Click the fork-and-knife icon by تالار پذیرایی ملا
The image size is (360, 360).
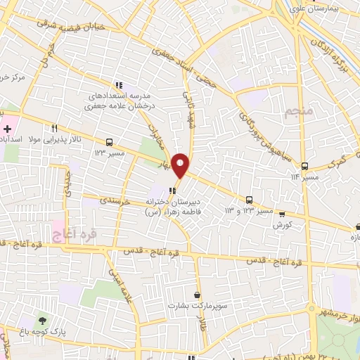tap(54, 128)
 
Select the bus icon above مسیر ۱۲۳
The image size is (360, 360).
tap(108, 141)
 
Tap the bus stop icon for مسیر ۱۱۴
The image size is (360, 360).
tap(305, 165)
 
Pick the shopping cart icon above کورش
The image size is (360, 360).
tap(281, 214)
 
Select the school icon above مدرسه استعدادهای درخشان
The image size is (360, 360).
tap(119, 84)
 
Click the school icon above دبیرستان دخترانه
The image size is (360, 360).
tap(174, 190)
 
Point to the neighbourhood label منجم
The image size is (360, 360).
tap(298, 111)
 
